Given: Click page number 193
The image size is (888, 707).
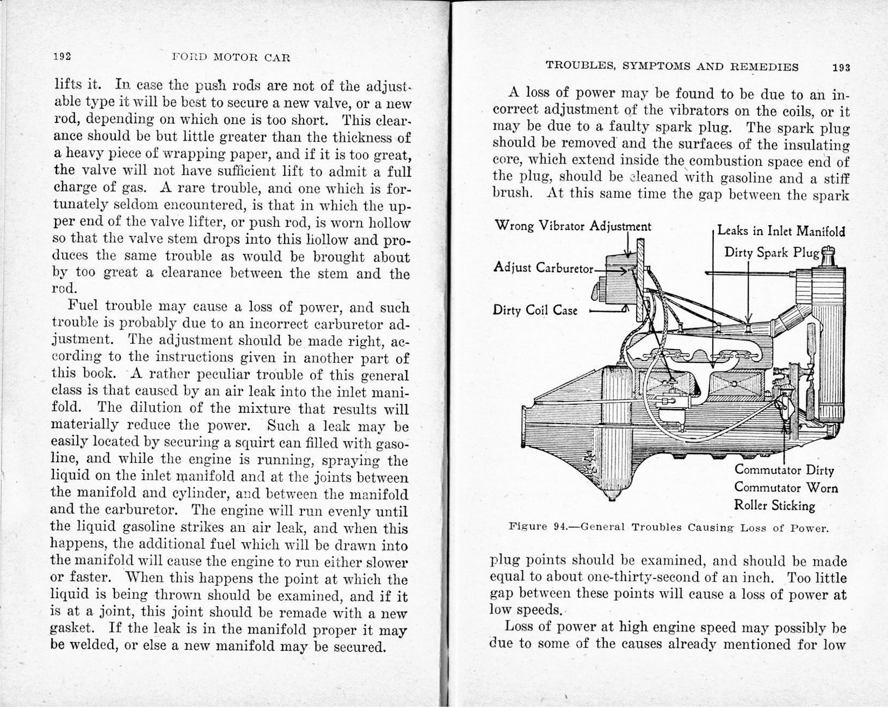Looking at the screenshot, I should pos(841,68).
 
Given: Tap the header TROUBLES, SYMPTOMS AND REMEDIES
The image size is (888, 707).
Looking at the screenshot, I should pos(672,67).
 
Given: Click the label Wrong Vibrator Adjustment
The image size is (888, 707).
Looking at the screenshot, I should pos(572,226).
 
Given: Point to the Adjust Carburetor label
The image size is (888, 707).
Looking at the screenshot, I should pos(543,268).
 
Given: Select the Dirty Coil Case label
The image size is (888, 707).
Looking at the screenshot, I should pos(535,310).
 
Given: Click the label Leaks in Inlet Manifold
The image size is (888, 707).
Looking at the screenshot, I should pos(781,231).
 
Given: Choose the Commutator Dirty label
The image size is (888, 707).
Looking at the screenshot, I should pos(784,470).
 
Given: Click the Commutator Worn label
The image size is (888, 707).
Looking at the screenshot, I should pos(786,488).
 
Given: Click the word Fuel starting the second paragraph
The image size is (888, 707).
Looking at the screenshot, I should pos(83,307).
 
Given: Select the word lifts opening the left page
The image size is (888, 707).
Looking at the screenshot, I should pos(68,85).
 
